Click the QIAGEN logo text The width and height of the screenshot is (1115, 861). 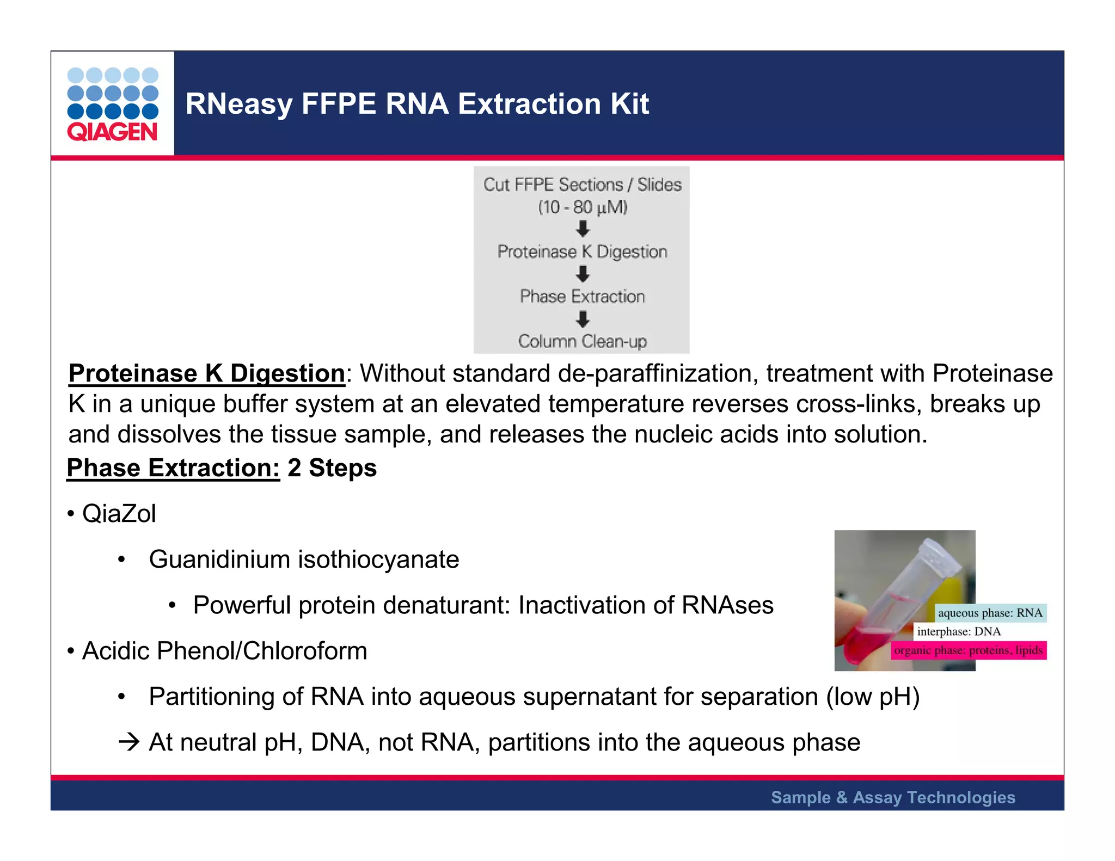tap(112, 132)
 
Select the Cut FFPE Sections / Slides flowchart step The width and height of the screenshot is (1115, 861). tap(582, 185)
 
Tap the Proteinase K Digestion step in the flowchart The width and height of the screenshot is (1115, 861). tap(582, 252)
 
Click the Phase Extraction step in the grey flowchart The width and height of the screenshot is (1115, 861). tap(582, 297)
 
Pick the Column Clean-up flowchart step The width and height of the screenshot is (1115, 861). tap(582, 341)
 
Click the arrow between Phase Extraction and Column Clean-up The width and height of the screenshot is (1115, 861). tap(583, 319)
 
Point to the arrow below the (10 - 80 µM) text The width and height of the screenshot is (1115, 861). tap(583, 229)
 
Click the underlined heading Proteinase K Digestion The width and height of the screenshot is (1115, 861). tap(206, 374)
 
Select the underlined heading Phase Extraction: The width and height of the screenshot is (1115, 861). tap(173, 468)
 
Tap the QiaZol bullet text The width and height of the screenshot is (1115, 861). tap(119, 514)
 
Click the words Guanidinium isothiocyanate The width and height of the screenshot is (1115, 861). tap(304, 559)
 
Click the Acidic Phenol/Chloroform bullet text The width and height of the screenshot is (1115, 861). tap(224, 651)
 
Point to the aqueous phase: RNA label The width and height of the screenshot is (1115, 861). tap(990, 613)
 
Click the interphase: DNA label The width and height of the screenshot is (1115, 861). tap(958, 632)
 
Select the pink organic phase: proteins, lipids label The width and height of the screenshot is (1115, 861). tap(968, 650)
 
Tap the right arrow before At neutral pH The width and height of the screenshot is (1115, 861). tap(129, 742)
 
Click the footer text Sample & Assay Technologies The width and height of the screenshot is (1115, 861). tap(893, 797)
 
